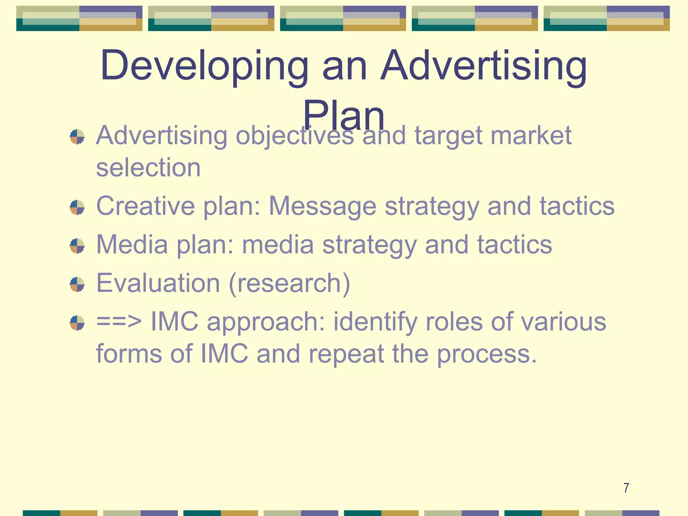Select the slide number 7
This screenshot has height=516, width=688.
point(626,488)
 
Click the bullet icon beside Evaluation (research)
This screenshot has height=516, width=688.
point(77,284)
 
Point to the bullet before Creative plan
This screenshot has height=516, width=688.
point(77,207)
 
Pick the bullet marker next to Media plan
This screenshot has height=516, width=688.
point(77,246)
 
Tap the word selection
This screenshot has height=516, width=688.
point(148,167)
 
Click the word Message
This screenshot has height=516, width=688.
point(322,206)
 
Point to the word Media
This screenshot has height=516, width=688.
point(132,244)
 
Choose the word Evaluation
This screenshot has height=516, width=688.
point(158,283)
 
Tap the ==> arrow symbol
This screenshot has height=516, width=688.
point(119,321)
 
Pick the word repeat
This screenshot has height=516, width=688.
point(346,354)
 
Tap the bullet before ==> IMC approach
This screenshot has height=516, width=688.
point(77,322)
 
